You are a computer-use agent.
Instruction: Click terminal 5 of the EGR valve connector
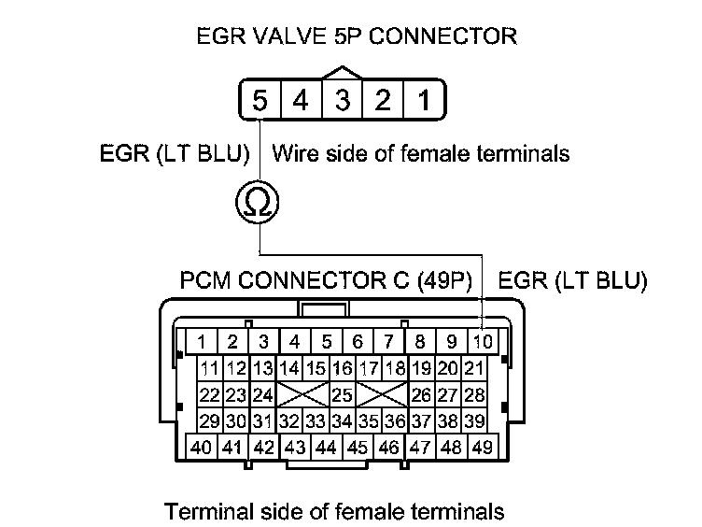[261, 100]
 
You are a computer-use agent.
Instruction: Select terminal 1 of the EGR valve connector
[424, 100]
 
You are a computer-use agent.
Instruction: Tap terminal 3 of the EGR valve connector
[343, 100]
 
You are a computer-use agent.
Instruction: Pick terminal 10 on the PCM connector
[483, 341]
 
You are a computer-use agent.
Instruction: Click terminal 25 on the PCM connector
[342, 394]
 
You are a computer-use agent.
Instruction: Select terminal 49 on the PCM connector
[483, 447]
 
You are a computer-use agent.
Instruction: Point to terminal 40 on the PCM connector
[202, 447]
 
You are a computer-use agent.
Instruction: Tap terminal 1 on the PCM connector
[202, 341]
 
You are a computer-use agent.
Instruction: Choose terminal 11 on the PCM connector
[209, 368]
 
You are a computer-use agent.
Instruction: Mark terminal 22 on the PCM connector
[209, 394]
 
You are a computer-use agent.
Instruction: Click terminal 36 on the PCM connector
[396, 420]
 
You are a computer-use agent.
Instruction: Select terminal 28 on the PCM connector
[475, 394]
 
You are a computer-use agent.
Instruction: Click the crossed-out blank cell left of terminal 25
[302, 394]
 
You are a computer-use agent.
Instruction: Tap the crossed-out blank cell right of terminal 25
[382, 394]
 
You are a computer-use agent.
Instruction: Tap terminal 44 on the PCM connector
[325, 447]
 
